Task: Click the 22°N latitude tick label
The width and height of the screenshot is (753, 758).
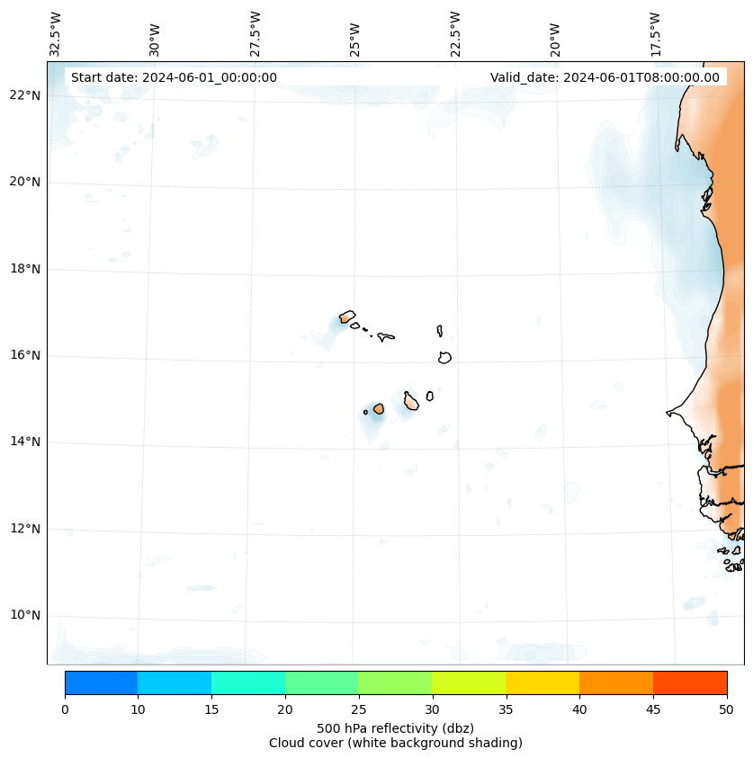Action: tap(25, 95)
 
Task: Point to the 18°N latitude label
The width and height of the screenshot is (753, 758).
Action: tap(25, 269)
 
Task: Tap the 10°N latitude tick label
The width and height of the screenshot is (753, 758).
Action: tap(25, 615)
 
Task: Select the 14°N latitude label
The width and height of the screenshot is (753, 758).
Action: tap(25, 441)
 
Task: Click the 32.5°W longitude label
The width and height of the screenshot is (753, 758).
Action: tap(56, 34)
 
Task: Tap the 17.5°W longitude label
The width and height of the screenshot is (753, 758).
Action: tap(655, 34)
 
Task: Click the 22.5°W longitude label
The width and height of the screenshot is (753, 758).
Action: tap(455, 34)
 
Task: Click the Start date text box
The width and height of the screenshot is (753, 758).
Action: tap(174, 77)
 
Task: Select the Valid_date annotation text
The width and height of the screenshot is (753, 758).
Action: tap(605, 77)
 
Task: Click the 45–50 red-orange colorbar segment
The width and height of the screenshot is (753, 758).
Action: tap(690, 682)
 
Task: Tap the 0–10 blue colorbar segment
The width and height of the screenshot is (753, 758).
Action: tap(101, 682)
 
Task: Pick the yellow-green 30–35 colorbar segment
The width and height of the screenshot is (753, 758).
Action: tap(469, 682)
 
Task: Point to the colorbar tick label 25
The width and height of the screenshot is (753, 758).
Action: tap(358, 710)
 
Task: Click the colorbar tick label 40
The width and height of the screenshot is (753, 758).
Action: tap(579, 710)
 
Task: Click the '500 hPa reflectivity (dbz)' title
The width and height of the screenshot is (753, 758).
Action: tap(395, 727)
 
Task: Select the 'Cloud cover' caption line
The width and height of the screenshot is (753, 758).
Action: tap(395, 743)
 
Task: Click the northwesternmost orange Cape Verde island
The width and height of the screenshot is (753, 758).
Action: tap(346, 317)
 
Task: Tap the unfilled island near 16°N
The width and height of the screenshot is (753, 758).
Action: tap(444, 357)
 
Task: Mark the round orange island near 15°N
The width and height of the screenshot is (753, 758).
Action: tap(379, 408)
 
